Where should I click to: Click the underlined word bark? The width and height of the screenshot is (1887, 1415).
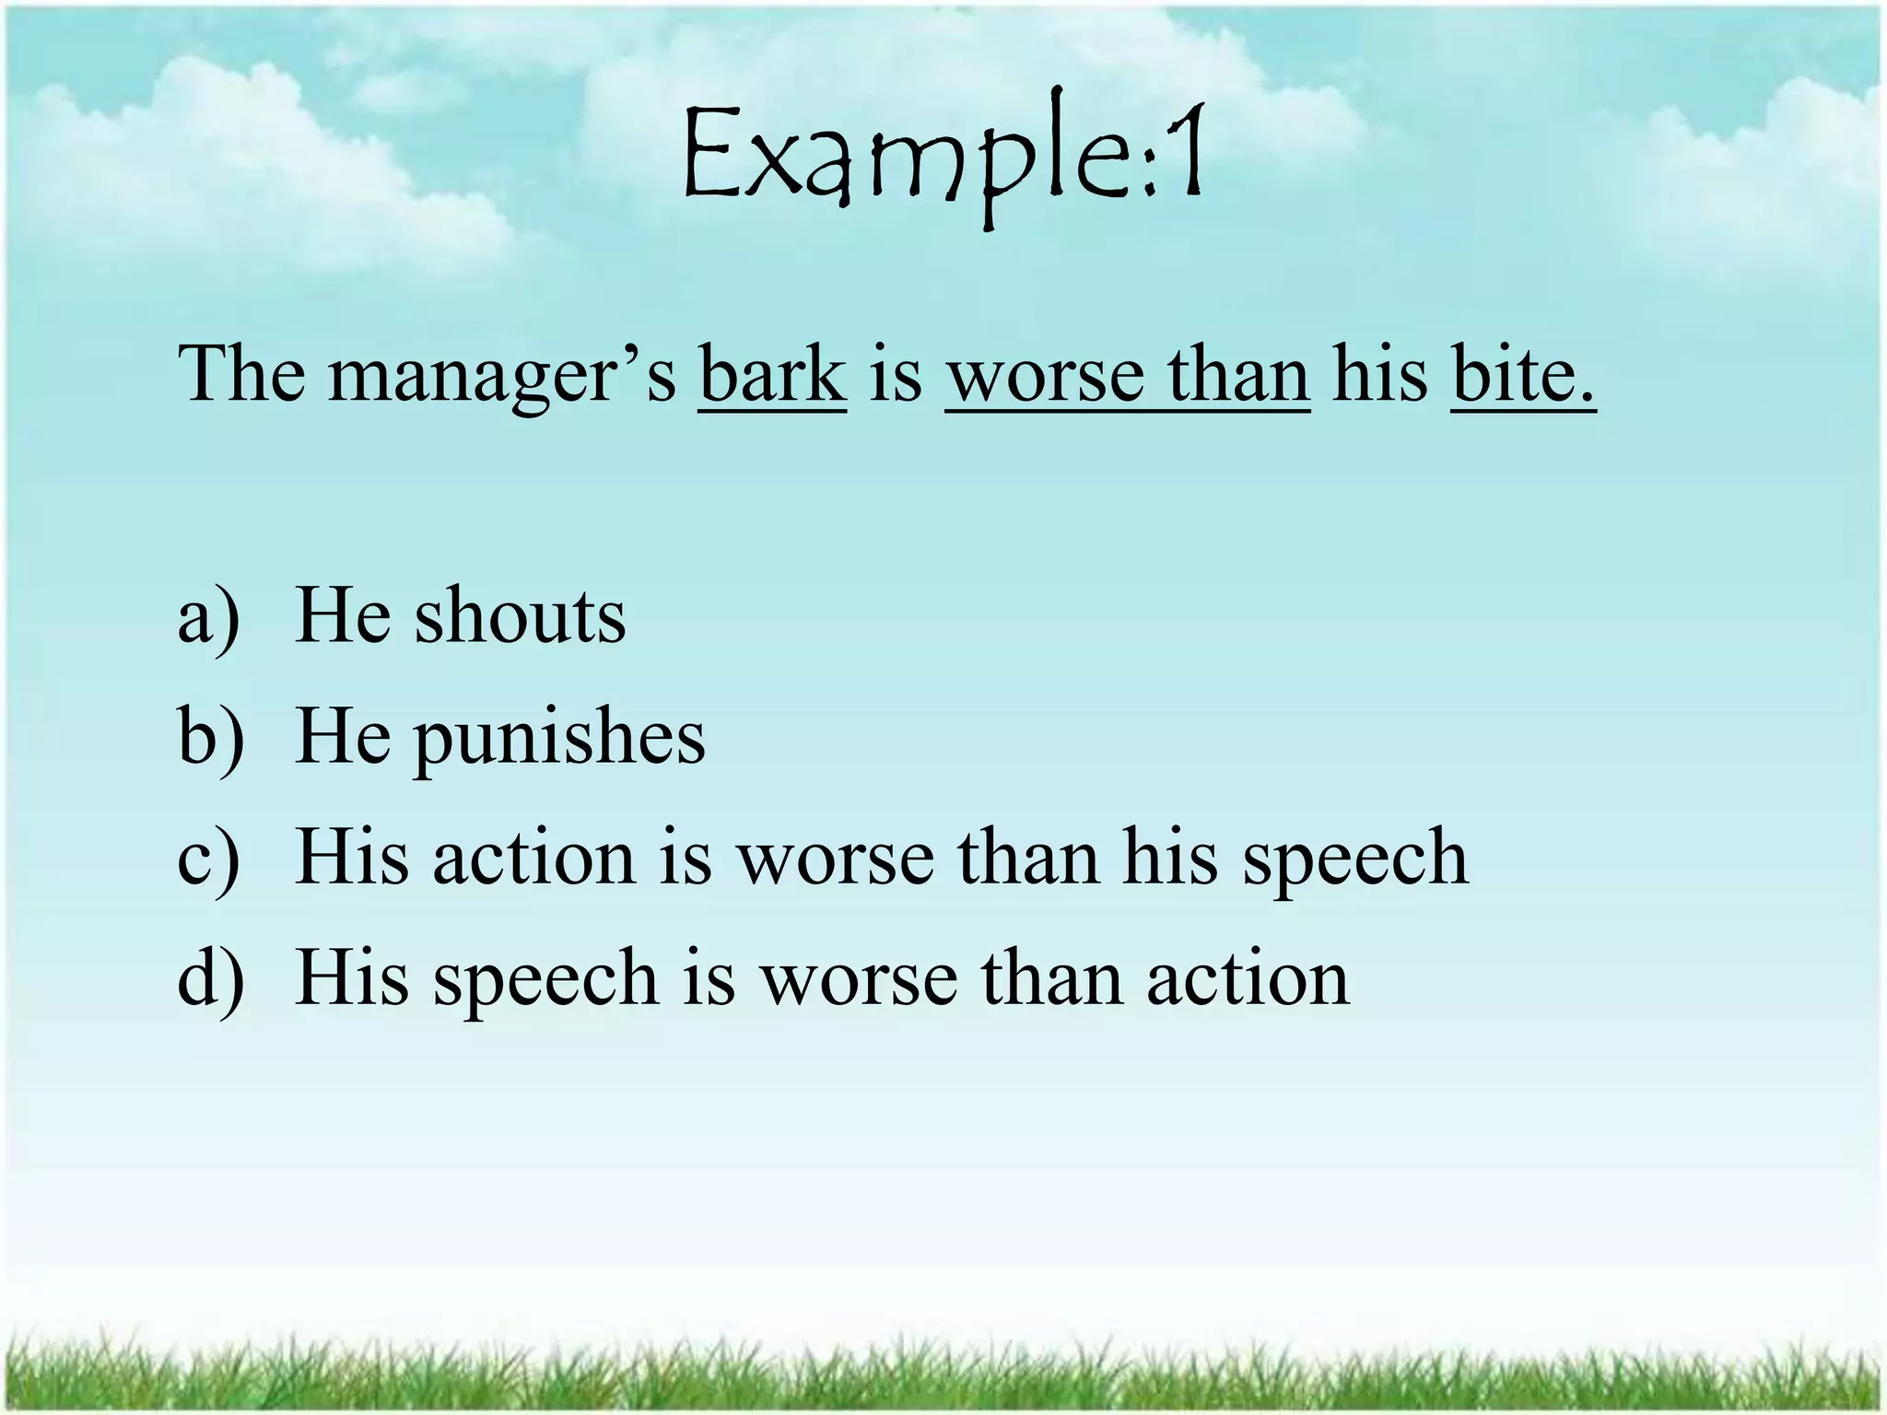(x=772, y=375)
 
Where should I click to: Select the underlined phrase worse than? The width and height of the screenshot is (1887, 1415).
(x=1127, y=375)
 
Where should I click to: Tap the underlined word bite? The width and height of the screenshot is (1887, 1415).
(x=1522, y=375)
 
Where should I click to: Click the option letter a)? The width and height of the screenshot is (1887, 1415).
(x=209, y=617)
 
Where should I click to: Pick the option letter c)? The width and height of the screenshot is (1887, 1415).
(x=209, y=859)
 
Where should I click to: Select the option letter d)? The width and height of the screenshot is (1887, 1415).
(x=211, y=978)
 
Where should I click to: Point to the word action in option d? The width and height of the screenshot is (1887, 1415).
(x=1248, y=978)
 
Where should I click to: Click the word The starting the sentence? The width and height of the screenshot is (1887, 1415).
(x=241, y=375)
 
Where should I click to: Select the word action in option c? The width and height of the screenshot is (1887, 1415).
(x=534, y=859)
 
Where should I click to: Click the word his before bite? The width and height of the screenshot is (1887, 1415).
(x=1379, y=375)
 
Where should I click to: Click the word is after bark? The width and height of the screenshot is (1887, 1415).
(x=895, y=375)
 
